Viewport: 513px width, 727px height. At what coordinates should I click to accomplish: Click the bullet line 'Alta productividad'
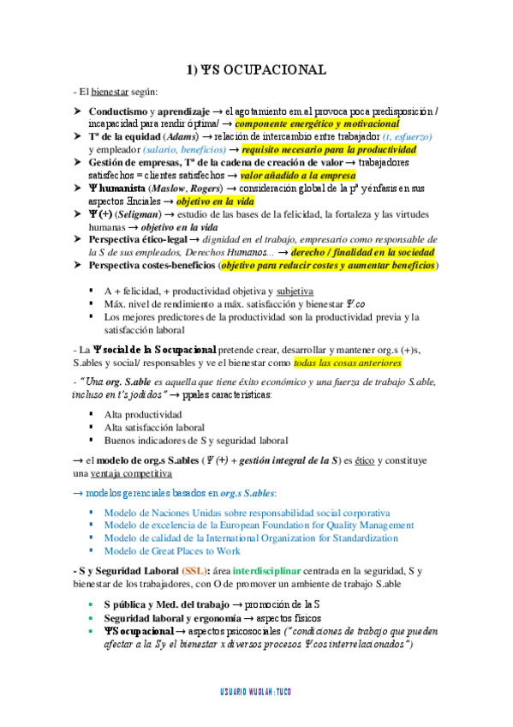click(x=142, y=414)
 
